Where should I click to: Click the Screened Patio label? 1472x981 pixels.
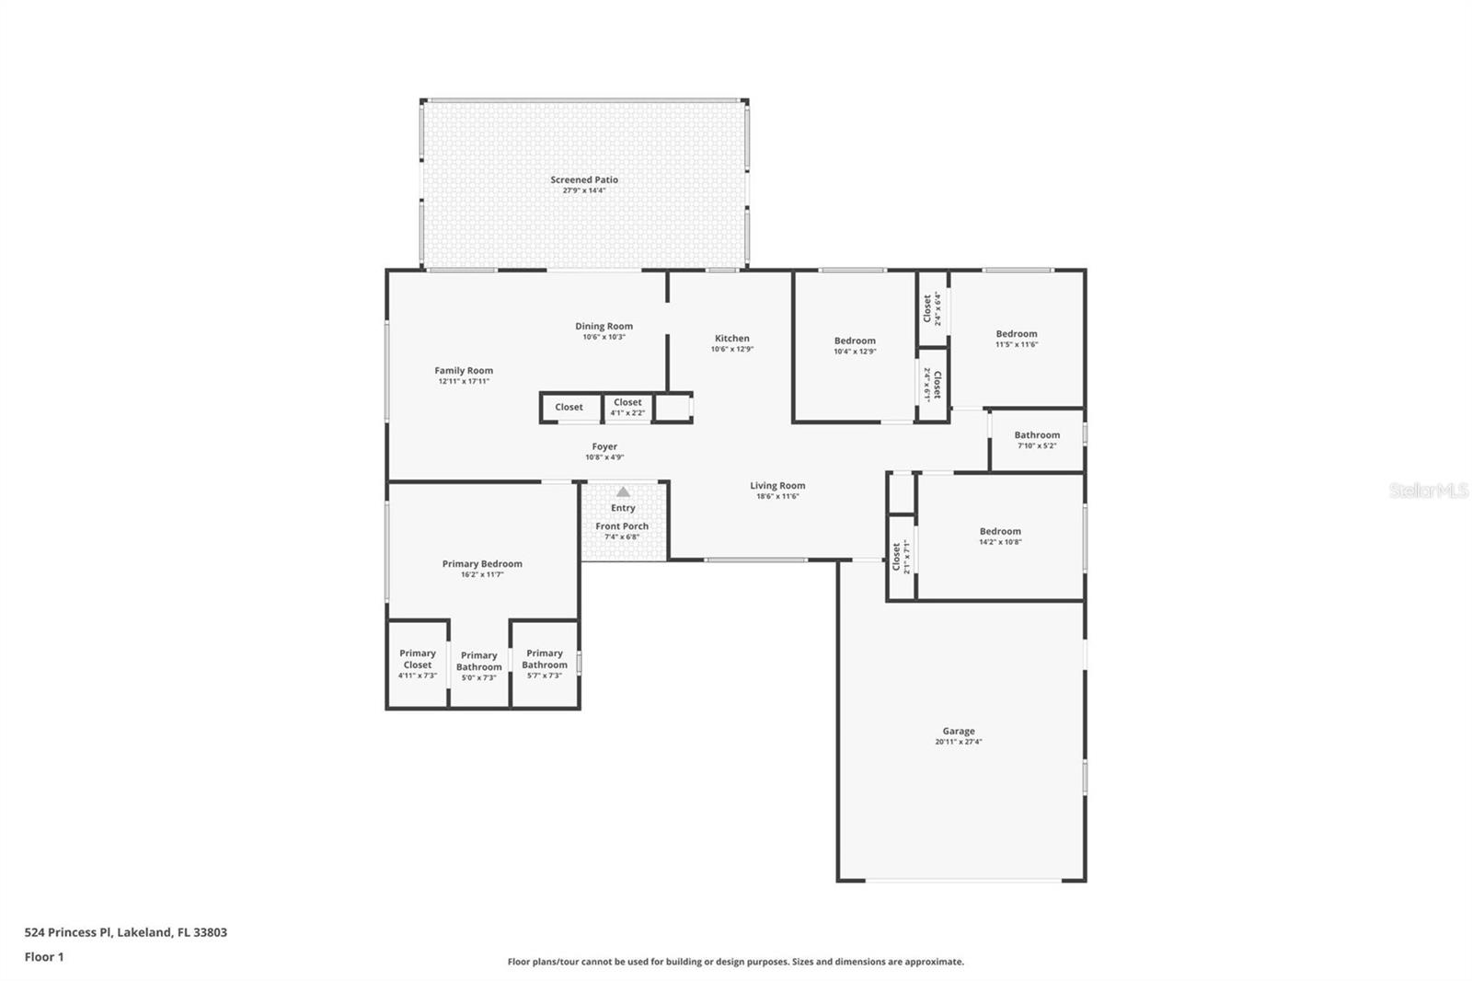[584, 179]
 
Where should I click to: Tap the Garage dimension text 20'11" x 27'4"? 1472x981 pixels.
[959, 742]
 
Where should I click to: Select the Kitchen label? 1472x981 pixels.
[732, 339]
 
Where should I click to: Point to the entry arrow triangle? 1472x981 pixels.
[624, 492]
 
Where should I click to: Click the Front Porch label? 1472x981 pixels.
[622, 526]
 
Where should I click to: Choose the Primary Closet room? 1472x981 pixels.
[418, 664]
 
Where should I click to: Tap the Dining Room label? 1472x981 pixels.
[604, 326]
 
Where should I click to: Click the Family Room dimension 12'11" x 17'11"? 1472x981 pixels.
[464, 381]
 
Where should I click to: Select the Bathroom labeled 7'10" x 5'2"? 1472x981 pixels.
[1037, 440]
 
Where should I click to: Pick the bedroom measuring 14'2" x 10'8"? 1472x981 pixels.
[1000, 537]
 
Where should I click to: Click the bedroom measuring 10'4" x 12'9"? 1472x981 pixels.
[855, 345]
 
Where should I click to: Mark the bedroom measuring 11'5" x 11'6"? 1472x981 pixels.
[1017, 339]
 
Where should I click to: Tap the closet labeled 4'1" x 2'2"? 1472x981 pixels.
[627, 407]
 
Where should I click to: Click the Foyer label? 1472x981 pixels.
[604, 446]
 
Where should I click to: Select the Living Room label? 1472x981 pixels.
[777, 486]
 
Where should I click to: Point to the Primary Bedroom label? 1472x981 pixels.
[482, 564]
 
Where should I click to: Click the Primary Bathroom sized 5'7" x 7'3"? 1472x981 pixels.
[545, 664]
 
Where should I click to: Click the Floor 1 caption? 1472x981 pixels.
[44, 957]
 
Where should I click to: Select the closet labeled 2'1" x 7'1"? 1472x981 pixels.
[901, 556]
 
